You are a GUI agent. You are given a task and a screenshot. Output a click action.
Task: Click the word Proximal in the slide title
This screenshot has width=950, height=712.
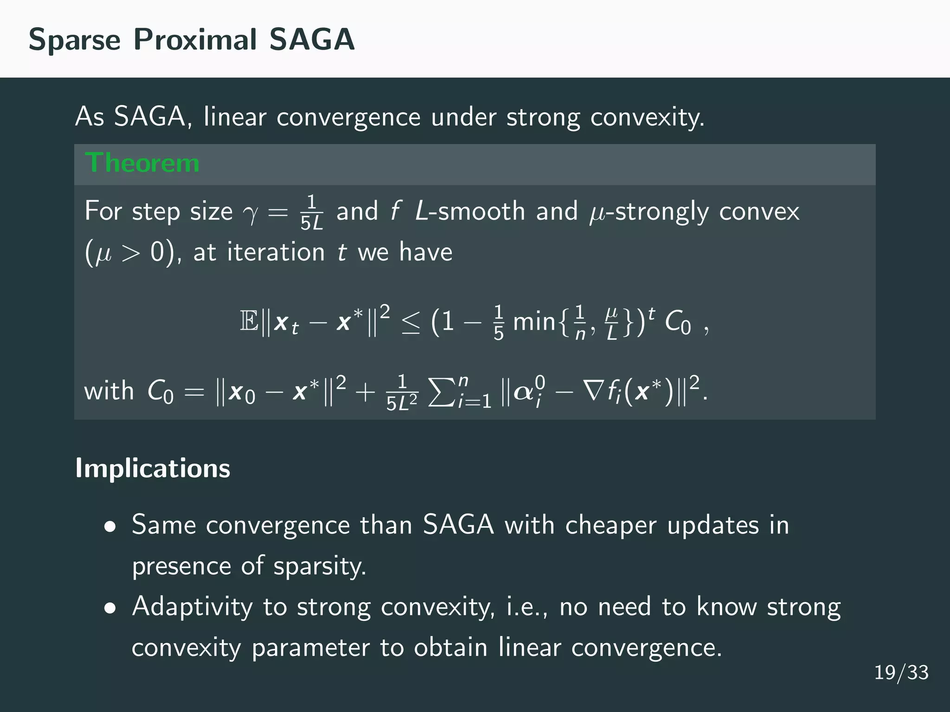[195, 39]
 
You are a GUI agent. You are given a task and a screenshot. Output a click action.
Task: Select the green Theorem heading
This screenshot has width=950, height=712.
[142, 163]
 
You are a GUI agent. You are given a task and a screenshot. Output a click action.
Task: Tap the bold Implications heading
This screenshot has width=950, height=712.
[153, 468]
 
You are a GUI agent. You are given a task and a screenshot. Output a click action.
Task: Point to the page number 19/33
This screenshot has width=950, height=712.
[901, 673]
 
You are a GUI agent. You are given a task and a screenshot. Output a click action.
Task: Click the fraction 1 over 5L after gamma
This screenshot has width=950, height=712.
[311, 213]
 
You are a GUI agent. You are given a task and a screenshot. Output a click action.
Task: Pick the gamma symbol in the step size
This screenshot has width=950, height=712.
[251, 213]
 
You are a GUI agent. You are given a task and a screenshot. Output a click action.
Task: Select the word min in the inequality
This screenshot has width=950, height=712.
[534, 321]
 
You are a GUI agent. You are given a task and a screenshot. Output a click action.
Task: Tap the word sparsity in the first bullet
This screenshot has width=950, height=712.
[320, 566]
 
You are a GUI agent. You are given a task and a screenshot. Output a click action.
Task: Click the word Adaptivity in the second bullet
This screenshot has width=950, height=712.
[192, 607]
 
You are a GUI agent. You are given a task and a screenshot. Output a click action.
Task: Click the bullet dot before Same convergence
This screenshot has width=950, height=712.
[110, 527]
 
